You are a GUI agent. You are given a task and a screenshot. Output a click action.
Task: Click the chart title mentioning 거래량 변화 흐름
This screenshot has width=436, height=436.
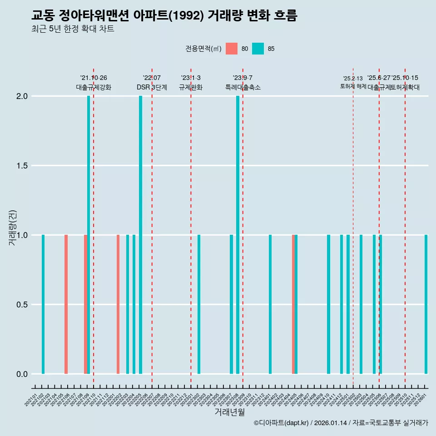[x=164, y=16]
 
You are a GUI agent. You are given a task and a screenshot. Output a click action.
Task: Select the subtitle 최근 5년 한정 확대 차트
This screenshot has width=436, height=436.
[x=73, y=30]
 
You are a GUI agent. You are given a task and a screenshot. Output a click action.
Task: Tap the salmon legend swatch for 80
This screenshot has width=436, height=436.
[x=232, y=49]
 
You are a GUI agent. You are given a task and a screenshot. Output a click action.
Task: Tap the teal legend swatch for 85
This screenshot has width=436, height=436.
[x=258, y=49]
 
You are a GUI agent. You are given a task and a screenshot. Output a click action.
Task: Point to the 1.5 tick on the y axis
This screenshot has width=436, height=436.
[x=22, y=166]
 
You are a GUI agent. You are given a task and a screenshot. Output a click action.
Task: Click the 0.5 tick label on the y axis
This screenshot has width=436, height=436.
[x=22, y=305]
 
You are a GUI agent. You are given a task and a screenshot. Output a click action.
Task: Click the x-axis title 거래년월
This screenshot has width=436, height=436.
[x=229, y=412]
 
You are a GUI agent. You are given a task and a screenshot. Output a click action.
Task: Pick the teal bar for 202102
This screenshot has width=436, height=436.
[x=43, y=304]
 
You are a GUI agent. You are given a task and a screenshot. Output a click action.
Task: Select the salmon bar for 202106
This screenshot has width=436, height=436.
[x=66, y=304]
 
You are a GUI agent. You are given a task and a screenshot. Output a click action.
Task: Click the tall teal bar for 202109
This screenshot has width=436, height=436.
[x=89, y=235]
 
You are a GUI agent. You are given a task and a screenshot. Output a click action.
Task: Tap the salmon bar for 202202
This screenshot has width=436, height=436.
[x=118, y=304]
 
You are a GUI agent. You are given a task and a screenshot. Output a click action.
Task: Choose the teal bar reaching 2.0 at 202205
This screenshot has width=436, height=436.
[x=140, y=235]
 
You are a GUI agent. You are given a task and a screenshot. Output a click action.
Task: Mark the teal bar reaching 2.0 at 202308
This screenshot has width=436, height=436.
[x=238, y=235]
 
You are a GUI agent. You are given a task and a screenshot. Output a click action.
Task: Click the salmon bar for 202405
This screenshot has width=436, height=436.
[x=293, y=304]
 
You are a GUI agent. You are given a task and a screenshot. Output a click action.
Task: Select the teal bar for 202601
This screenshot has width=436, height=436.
[x=426, y=304]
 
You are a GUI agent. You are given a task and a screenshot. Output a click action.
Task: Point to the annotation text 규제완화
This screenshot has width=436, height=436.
[x=191, y=87]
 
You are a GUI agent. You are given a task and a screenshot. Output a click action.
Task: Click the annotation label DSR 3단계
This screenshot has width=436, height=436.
[x=152, y=87]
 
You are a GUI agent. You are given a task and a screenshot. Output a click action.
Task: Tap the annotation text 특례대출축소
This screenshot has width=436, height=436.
[x=243, y=87]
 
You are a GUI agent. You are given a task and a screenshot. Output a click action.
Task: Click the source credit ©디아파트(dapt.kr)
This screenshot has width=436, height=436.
[x=282, y=423]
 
